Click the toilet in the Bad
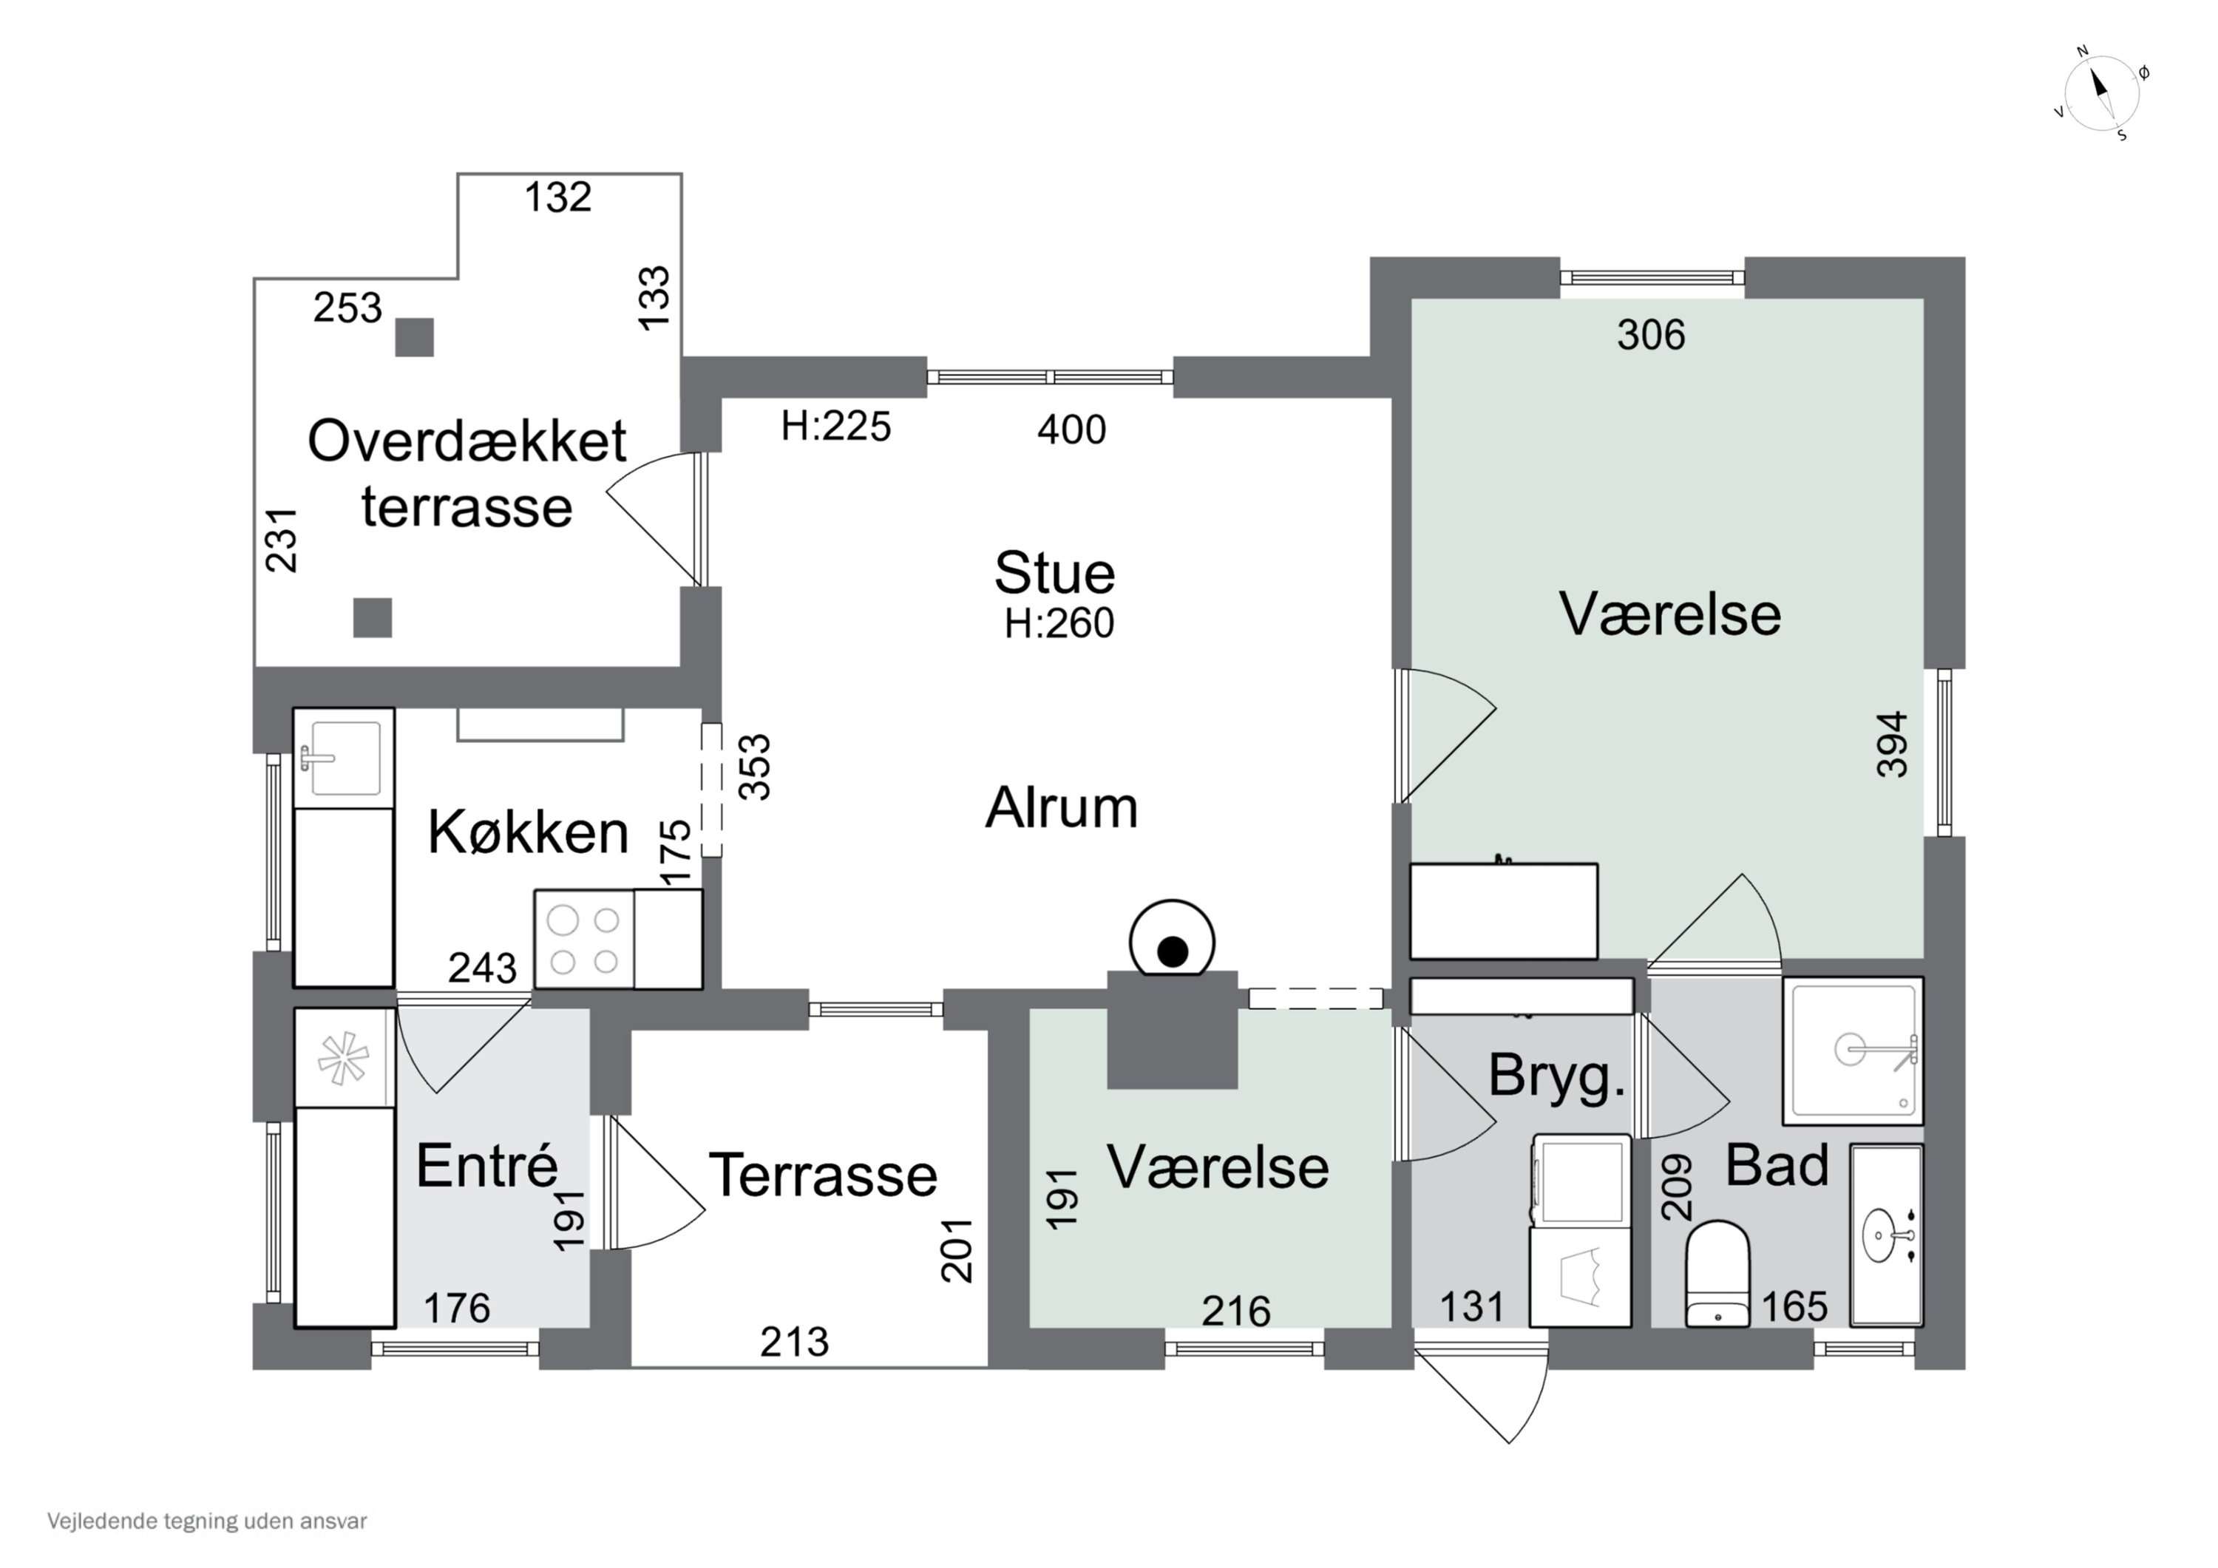click(x=1717, y=1273)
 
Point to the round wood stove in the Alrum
click(x=1172, y=941)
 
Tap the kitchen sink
click(x=344, y=758)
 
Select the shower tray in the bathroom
click(x=1852, y=1051)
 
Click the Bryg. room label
click(x=1556, y=1076)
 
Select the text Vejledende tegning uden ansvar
click(x=207, y=1521)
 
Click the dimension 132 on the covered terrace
click(x=557, y=198)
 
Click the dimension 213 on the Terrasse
click(x=794, y=1342)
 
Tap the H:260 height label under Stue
click(x=1059, y=624)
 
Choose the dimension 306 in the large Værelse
click(x=1651, y=335)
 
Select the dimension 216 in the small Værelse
click(x=1235, y=1311)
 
